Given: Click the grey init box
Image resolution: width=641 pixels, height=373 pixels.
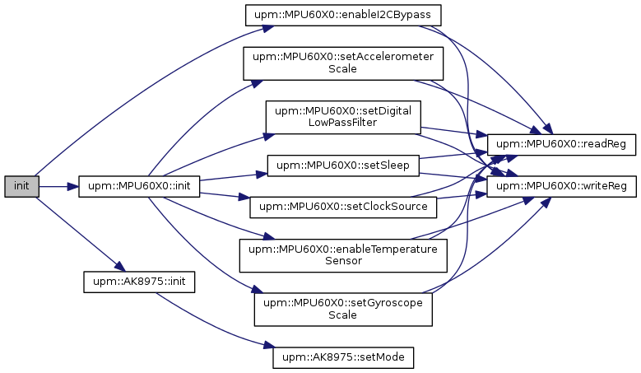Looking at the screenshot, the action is click(x=21, y=186).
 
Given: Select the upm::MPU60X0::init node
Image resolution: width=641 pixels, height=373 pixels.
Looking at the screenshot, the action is click(x=139, y=186).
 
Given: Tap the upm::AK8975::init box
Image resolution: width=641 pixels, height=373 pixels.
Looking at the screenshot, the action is click(x=139, y=282).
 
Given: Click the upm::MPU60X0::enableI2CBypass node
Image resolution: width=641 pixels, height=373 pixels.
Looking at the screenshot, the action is click(x=343, y=15).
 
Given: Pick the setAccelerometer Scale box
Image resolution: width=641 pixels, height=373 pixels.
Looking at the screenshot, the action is click(x=343, y=63).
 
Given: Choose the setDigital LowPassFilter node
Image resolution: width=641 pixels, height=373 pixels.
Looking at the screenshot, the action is click(x=343, y=117).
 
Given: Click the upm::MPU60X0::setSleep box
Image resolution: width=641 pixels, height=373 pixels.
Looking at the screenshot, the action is click(x=343, y=166).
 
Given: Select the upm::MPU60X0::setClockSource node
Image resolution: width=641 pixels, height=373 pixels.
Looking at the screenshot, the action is click(x=343, y=207).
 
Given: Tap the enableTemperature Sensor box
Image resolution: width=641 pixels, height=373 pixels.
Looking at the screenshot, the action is click(x=343, y=255).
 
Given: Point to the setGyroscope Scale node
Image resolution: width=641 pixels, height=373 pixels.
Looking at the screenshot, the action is click(x=343, y=310).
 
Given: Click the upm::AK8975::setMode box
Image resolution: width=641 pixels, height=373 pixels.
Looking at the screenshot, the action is click(x=343, y=357).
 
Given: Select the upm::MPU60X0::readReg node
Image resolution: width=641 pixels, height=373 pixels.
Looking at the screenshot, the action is click(x=561, y=145).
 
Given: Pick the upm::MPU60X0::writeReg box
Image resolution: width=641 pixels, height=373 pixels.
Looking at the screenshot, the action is click(x=561, y=186).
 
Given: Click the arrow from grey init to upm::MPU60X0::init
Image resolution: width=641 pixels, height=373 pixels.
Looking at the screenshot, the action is click(x=59, y=186).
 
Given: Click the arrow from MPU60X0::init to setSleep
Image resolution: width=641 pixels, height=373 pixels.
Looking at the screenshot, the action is click(x=234, y=177).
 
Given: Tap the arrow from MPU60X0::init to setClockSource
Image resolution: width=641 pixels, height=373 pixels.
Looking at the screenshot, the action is click(x=225, y=195).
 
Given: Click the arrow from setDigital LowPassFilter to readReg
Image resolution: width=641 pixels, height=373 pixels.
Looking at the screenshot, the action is click(x=453, y=131).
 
